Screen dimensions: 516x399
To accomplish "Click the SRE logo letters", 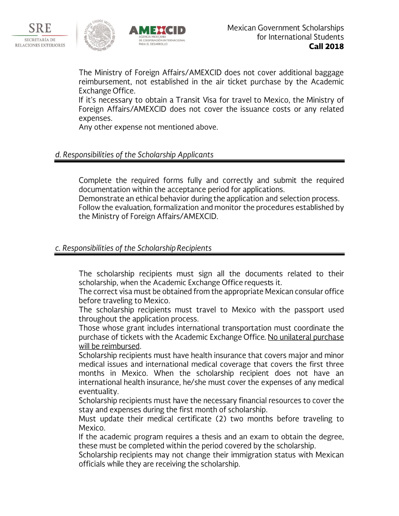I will (x=40, y=29).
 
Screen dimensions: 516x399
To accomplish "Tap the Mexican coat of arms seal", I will (x=100, y=34).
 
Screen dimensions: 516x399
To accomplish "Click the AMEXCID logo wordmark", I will (x=157, y=30).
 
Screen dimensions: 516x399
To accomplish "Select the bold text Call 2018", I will (x=326, y=46).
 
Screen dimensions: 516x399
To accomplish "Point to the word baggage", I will (x=329, y=73).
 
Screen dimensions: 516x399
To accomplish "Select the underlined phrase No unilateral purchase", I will (x=306, y=337).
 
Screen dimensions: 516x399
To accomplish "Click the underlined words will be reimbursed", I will (x=109, y=346).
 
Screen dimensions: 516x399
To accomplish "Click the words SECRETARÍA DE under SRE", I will (x=40, y=40).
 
